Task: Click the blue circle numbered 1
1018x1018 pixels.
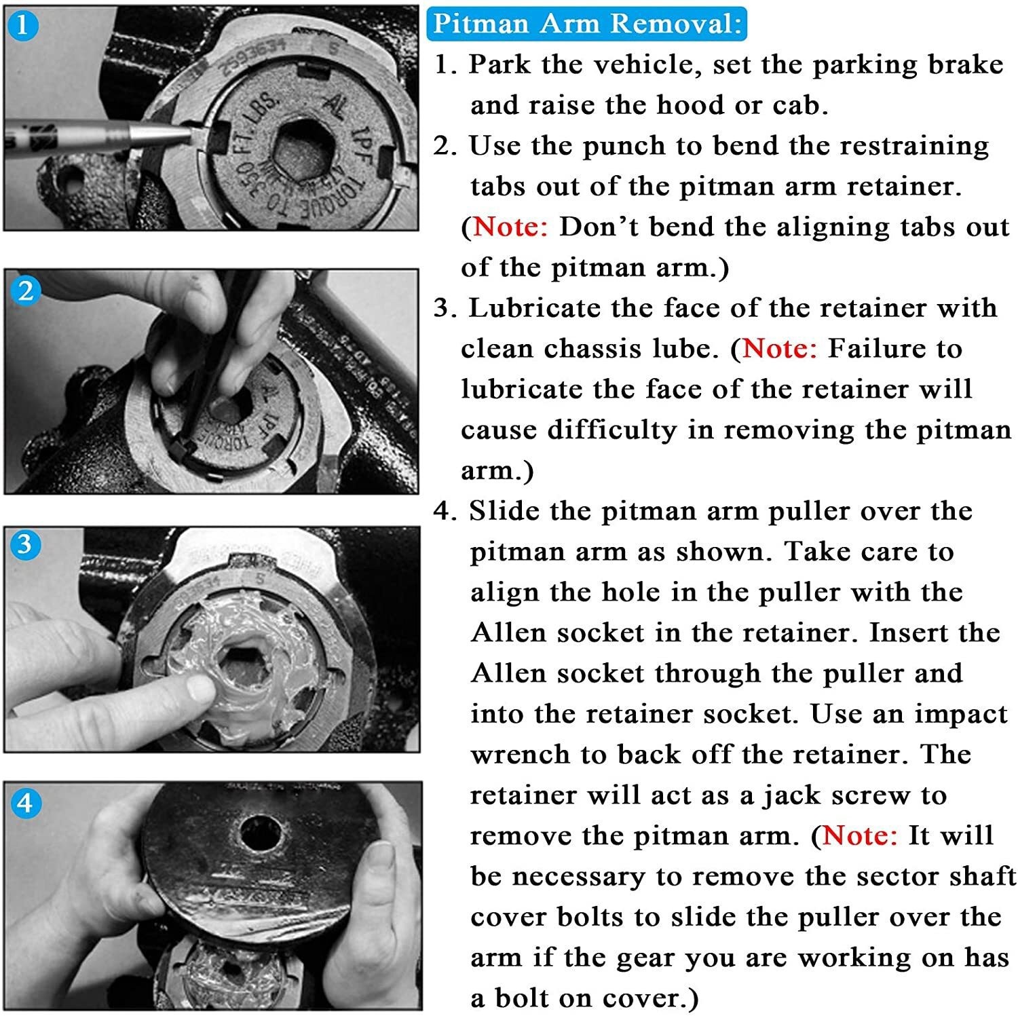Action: (22, 25)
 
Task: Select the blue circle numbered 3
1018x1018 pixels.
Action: (25, 544)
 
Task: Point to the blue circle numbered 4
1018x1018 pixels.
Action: (26, 804)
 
